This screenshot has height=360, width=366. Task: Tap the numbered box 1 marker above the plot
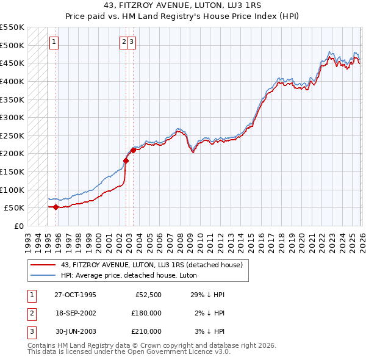pos(54,42)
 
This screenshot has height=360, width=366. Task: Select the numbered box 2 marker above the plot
pos(124,42)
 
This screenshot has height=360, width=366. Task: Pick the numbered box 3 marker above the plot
pos(132,42)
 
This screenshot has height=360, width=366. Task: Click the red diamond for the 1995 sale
pos(56,207)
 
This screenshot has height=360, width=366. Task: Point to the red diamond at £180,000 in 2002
pos(126,161)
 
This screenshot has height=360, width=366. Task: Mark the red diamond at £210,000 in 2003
pos(133,150)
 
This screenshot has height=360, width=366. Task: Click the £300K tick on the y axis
pos(12,117)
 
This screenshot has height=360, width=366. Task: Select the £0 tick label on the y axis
pos(19,226)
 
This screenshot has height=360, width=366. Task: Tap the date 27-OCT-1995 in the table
pos(75,295)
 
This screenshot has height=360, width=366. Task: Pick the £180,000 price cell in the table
pos(146,313)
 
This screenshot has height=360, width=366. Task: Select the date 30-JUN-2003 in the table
pos(75,331)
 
